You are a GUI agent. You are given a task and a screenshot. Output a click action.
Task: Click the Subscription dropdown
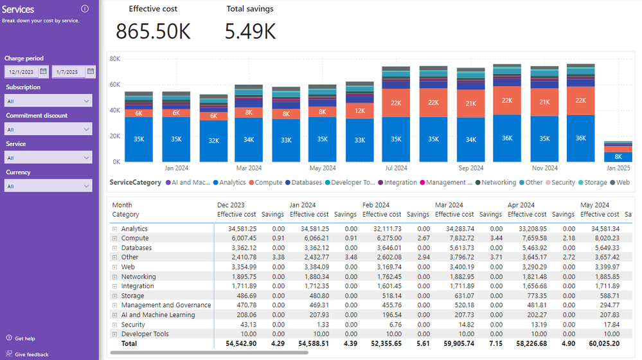(48, 101)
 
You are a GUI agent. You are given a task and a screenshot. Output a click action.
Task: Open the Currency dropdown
(48, 186)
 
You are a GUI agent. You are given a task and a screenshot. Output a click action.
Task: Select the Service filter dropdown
(48, 157)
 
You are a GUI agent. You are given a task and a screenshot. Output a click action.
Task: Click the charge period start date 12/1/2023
(22, 72)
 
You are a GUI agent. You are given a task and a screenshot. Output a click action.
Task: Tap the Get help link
(24, 339)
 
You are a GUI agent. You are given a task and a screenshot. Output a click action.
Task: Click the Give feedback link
(31, 354)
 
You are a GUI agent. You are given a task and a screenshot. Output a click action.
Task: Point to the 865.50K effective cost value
(153, 32)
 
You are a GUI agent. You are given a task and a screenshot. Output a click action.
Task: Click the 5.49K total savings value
(250, 32)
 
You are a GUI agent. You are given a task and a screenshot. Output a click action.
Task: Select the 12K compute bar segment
(359, 110)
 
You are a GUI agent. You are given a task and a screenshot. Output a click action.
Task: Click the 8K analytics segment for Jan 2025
(618, 157)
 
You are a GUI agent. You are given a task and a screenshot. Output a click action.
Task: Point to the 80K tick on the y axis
(115, 59)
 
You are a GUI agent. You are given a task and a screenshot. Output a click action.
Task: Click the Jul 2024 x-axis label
(396, 168)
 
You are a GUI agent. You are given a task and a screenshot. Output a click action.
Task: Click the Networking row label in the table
(138, 277)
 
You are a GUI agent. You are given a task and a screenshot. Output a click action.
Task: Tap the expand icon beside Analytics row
(114, 229)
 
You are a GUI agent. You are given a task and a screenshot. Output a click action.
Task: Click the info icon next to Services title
(85, 9)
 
